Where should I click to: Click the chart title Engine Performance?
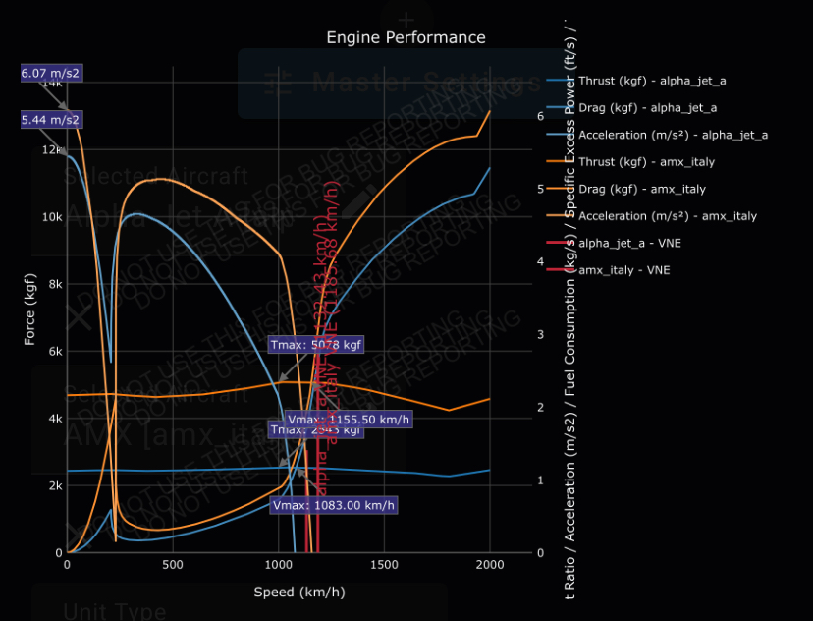click(x=406, y=37)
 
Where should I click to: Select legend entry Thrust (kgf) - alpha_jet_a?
click(x=652, y=81)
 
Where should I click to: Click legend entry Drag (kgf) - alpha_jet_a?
click(x=647, y=108)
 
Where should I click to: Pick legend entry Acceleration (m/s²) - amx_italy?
click(x=668, y=216)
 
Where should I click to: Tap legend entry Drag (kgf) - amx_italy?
click(x=642, y=189)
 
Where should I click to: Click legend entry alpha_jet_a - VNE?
click(x=624, y=243)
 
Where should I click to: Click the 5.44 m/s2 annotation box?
click(x=50, y=120)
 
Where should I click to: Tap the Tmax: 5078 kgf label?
click(x=316, y=344)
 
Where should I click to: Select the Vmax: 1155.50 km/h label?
click(x=349, y=420)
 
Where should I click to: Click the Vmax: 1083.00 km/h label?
click(x=334, y=506)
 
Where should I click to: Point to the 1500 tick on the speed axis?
click(x=384, y=566)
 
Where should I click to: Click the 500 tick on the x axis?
click(x=173, y=566)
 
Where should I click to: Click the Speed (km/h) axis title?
click(x=299, y=592)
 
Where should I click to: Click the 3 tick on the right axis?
click(x=541, y=335)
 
